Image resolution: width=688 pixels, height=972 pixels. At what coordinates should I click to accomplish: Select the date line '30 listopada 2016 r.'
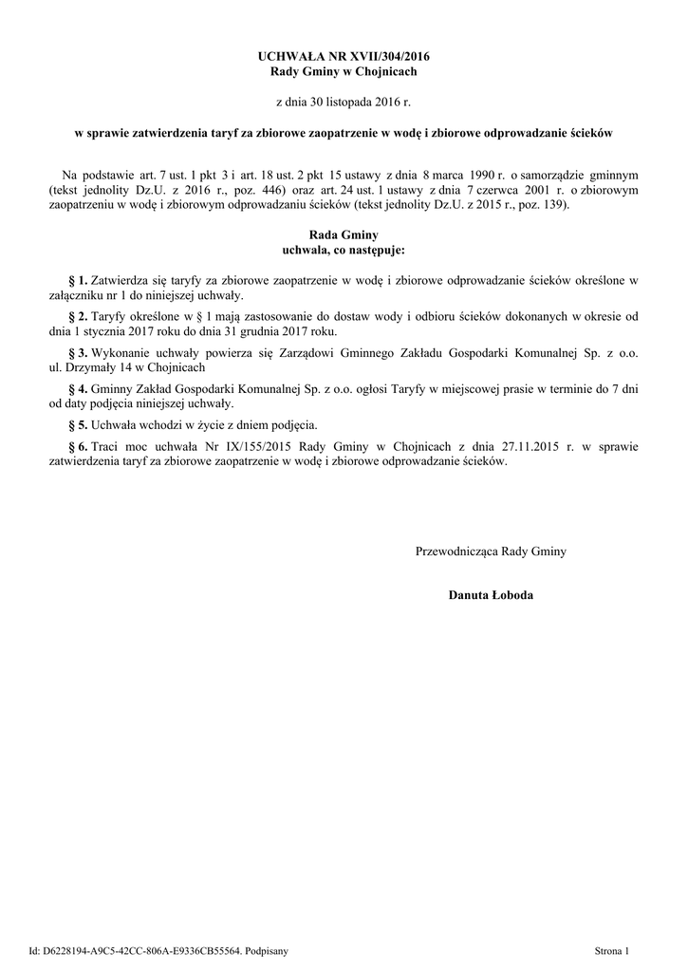point(344,100)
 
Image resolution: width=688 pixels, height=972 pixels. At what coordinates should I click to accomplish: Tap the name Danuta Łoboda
point(491,595)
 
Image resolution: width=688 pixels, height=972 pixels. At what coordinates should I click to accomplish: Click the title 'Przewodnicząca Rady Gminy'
point(491,551)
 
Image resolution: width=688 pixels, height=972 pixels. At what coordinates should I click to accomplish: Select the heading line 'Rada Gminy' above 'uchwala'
point(344,234)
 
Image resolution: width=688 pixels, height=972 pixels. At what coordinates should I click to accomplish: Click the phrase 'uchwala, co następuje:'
point(344,250)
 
